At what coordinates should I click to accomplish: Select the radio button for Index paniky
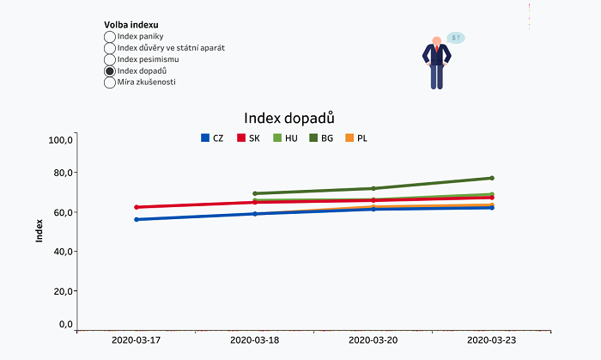click(x=109, y=37)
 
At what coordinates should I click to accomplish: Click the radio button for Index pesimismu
click(x=109, y=60)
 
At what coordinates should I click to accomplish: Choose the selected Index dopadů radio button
click(x=109, y=71)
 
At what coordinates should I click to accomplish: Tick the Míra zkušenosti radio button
click(x=109, y=83)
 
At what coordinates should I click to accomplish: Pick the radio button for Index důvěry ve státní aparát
click(x=109, y=49)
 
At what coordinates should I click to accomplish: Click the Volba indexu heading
click(x=131, y=25)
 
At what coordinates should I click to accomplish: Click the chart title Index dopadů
click(x=289, y=118)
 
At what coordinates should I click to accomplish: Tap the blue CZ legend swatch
click(x=205, y=137)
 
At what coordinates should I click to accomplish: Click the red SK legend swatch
click(x=241, y=137)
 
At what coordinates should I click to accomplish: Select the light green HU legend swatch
click(x=277, y=137)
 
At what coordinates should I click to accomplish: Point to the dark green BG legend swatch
click(x=313, y=137)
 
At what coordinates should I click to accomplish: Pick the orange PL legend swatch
click(x=349, y=137)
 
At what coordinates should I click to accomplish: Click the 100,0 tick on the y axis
click(x=60, y=139)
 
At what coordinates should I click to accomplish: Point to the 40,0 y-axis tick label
click(x=62, y=252)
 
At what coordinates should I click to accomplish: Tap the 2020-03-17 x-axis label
click(x=137, y=340)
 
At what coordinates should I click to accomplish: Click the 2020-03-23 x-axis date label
click(x=491, y=340)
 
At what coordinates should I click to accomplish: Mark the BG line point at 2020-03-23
click(x=491, y=178)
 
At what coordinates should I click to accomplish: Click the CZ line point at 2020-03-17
click(x=137, y=220)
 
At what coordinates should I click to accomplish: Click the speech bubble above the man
click(x=456, y=38)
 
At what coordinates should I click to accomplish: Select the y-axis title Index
click(x=39, y=230)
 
